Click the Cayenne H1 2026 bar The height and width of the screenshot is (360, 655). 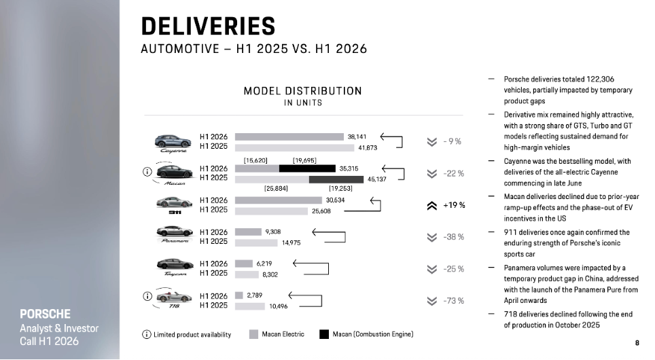[289, 137]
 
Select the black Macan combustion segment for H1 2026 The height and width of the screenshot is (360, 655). [307, 168]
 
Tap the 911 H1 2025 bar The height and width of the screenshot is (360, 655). [271, 211]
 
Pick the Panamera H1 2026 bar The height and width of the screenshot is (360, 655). [248, 232]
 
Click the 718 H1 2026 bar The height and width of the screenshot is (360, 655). [239, 295]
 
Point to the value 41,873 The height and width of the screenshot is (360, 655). [368, 148]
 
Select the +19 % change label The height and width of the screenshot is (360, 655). [454, 205]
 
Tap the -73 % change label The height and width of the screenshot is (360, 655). [454, 301]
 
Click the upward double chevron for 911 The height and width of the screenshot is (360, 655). [432, 206]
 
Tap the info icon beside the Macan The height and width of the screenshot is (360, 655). [147, 172]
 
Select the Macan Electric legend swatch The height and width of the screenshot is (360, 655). [253, 334]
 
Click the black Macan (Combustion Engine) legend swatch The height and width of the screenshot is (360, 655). [324, 334]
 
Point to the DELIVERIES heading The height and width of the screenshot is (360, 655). [208, 26]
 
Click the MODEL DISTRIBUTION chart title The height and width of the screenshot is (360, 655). [303, 91]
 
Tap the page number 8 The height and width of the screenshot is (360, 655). [637, 343]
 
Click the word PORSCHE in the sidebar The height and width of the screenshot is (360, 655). [45, 314]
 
